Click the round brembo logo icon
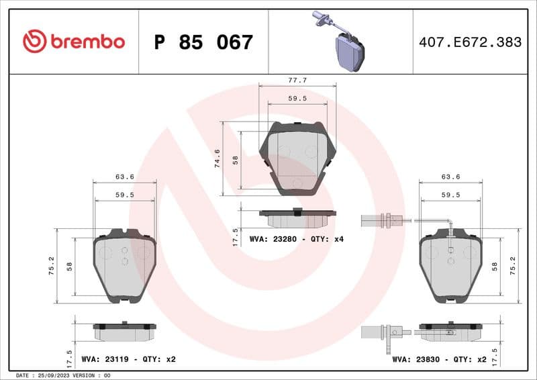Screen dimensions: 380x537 point(34,42)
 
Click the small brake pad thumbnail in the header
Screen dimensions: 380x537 point(348,50)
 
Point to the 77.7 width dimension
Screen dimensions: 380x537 point(297,80)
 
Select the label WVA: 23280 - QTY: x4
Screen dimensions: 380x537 point(296,239)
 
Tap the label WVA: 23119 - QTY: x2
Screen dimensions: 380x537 point(128,359)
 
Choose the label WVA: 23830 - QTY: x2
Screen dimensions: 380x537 point(439,359)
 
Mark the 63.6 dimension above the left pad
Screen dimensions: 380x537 point(124,177)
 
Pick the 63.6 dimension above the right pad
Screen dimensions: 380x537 point(450,177)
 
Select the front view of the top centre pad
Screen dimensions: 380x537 point(297,158)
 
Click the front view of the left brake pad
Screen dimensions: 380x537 point(124,265)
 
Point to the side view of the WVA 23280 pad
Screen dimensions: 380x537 point(297,218)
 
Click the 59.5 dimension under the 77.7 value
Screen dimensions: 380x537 point(297,98)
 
